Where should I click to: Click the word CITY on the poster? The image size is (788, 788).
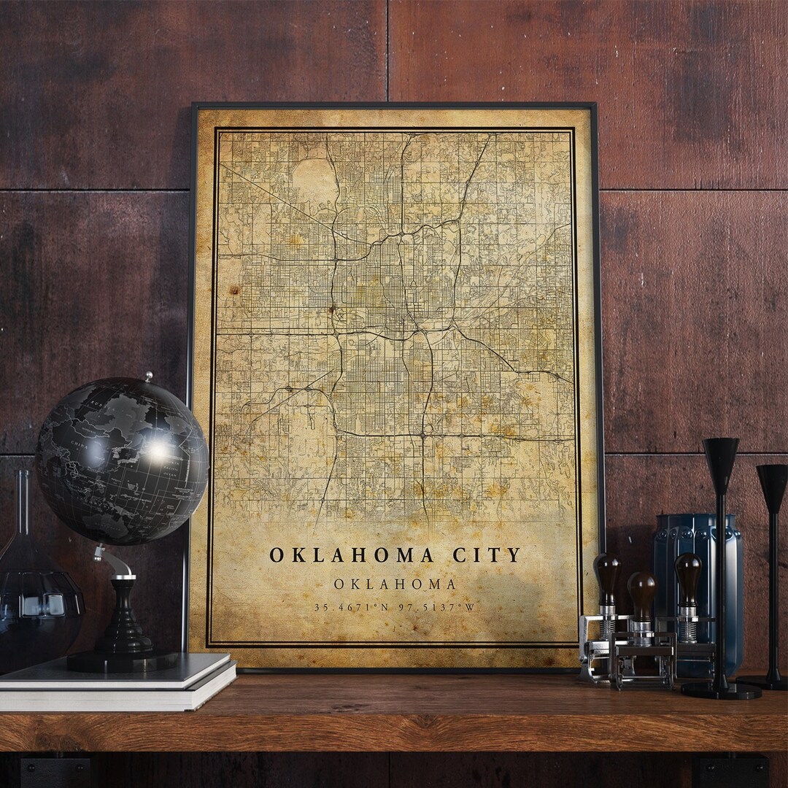click(x=487, y=555)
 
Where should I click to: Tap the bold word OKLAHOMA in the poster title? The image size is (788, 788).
click(x=352, y=555)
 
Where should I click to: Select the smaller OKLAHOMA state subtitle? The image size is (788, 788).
click(x=395, y=584)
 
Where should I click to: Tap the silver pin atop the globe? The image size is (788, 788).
click(x=148, y=377)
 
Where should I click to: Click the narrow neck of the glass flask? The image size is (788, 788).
click(x=23, y=503)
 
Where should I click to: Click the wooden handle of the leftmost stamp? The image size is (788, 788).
click(x=606, y=576)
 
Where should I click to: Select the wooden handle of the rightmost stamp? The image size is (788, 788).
click(x=688, y=576)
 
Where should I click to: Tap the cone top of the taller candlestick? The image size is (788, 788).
click(x=721, y=456)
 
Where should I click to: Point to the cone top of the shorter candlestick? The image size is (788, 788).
click(x=772, y=479)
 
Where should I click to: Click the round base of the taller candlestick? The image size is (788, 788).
click(x=721, y=689)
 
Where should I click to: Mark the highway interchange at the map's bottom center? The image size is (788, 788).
click(x=422, y=436)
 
